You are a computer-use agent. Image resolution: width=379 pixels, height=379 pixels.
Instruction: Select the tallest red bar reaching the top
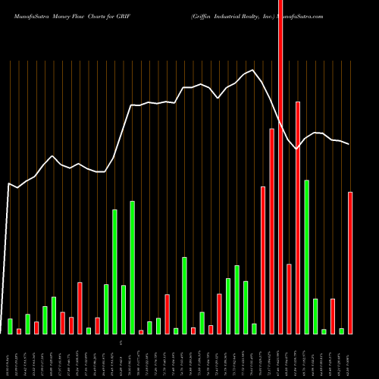click(x=280, y=152)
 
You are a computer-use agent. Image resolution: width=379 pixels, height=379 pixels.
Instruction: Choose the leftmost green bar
click(x=10, y=326)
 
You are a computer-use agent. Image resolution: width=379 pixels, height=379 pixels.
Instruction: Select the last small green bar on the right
click(x=341, y=330)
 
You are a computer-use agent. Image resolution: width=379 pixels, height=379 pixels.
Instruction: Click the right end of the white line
click(x=349, y=144)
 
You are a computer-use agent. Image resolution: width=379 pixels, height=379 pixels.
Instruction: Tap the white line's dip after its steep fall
click(x=296, y=149)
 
